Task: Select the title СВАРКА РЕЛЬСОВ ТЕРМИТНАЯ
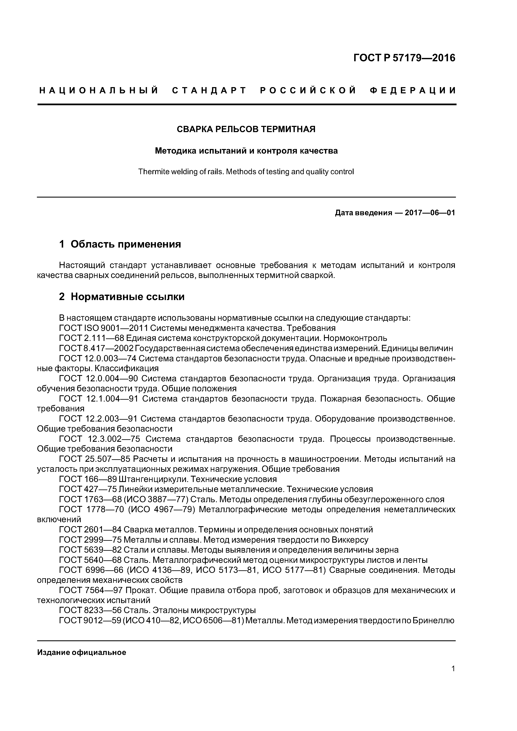246,129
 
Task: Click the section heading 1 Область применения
120,244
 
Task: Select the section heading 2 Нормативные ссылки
122,297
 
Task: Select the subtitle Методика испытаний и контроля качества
246,151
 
